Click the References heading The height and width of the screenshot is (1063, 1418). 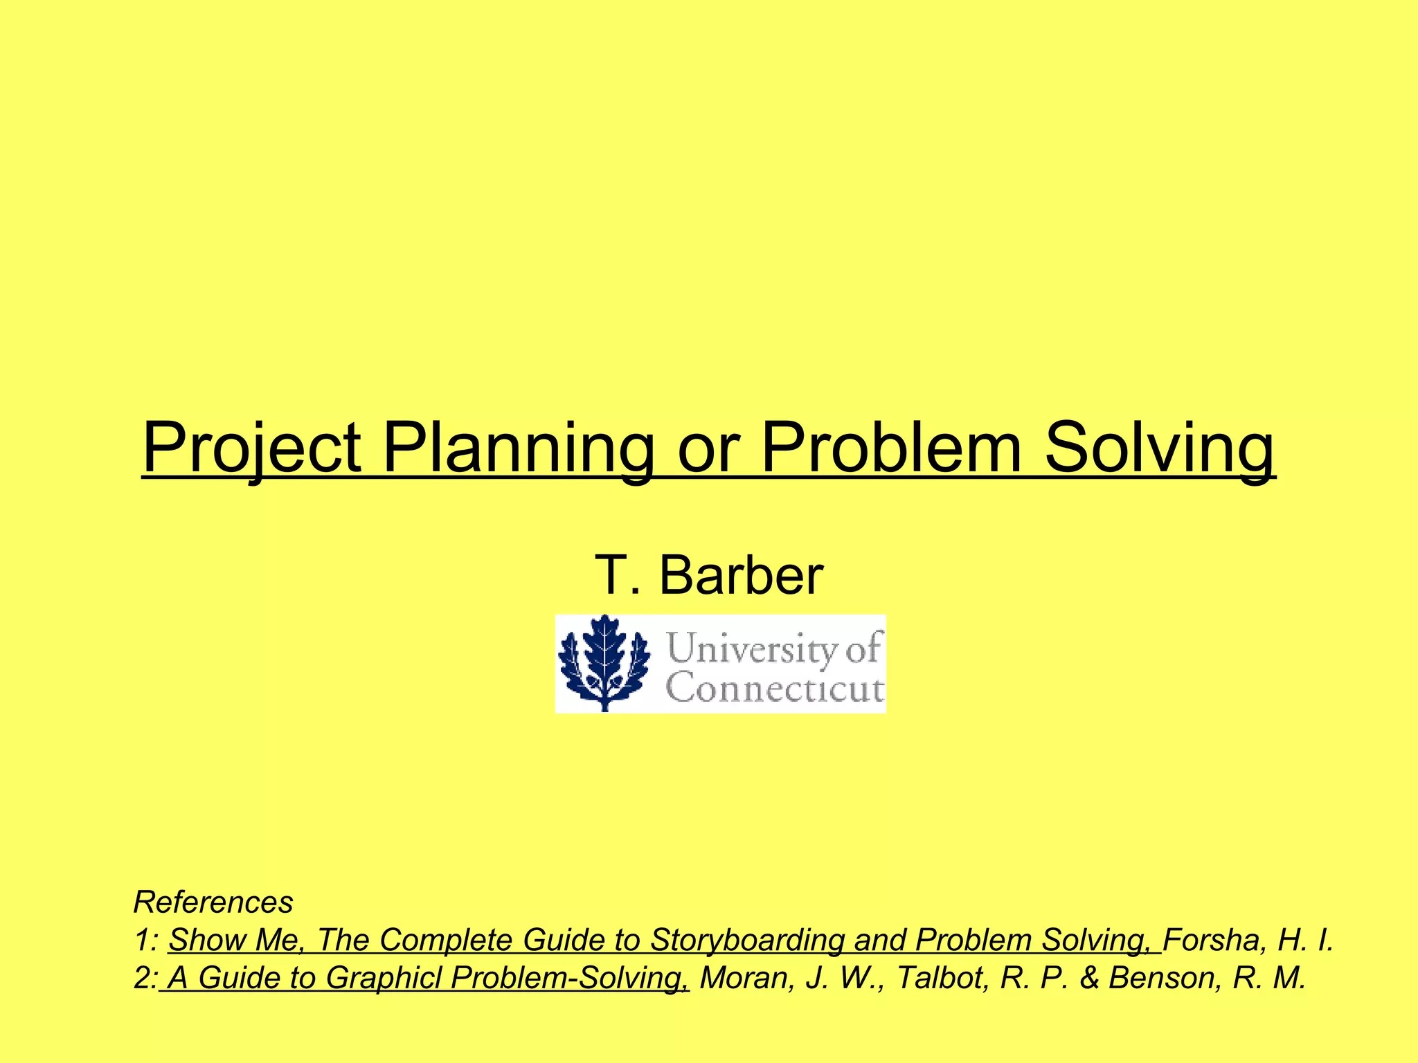click(213, 902)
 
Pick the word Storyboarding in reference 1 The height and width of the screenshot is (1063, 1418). click(747, 940)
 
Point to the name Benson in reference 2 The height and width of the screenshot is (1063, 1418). click(1163, 977)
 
